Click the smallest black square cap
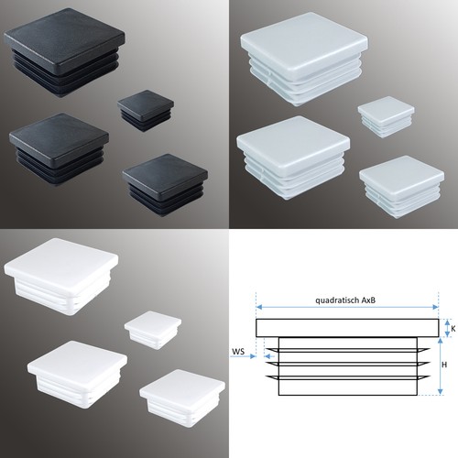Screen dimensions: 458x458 146,111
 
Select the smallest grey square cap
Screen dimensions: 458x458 386,116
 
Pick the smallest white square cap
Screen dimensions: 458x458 153,330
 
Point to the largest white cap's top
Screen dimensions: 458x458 61,262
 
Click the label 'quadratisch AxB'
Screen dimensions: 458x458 345,300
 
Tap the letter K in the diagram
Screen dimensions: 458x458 453,329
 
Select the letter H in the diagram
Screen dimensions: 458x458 444,365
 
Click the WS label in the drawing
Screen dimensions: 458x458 238,352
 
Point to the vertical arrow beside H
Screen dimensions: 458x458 440,365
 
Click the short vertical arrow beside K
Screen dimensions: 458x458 447,328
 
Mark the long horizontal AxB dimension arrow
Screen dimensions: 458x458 347,307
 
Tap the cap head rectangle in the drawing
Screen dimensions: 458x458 347,328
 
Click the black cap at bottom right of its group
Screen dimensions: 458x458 165,185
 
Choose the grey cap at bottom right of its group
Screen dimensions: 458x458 401,186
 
